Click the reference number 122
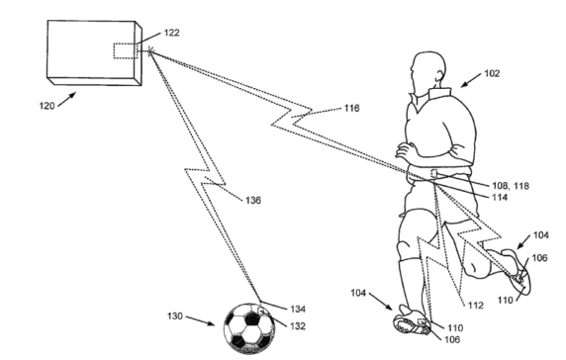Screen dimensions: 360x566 (172, 32)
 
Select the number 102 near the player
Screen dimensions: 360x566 (493, 73)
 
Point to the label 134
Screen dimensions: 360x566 (297, 312)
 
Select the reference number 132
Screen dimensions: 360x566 (295, 325)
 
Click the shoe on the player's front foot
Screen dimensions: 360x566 (417, 325)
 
